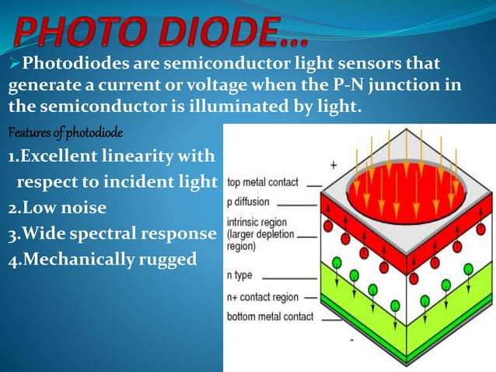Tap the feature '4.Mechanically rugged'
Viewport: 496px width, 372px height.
(x=103, y=259)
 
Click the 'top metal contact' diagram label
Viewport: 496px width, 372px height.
(x=262, y=183)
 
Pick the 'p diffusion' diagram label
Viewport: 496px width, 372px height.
(x=251, y=202)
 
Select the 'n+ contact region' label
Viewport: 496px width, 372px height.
(x=263, y=297)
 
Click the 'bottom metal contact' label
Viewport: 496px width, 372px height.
(x=270, y=317)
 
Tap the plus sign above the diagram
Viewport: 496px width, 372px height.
(x=334, y=165)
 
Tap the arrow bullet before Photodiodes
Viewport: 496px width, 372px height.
(x=15, y=62)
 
